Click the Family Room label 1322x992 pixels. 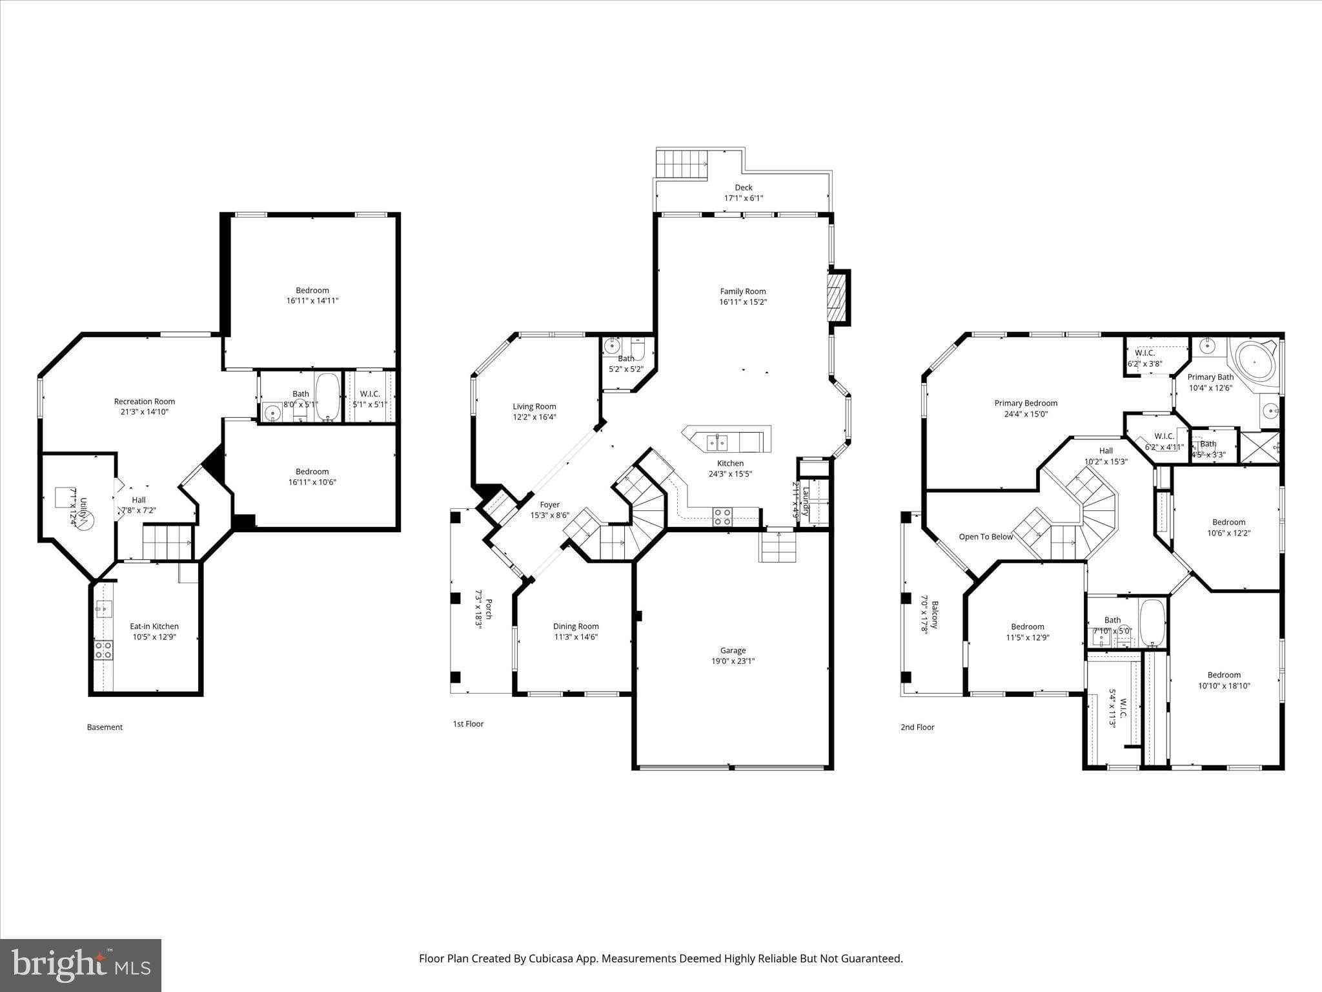[x=742, y=291]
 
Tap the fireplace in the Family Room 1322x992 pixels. [x=837, y=297]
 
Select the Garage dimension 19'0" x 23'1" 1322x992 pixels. [x=733, y=661]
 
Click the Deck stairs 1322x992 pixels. [x=682, y=163]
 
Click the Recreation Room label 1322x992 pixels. [x=145, y=401]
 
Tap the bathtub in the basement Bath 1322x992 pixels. [x=327, y=397]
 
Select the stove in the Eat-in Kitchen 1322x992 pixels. [x=103, y=650]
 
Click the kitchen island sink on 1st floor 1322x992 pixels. [x=717, y=442]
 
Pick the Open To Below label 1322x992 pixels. [x=986, y=537]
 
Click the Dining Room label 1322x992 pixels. [x=576, y=626]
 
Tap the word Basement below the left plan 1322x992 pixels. [x=105, y=727]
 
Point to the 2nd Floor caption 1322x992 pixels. [x=917, y=727]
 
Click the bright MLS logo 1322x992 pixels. [x=81, y=965]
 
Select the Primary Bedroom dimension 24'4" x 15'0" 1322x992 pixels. [x=1026, y=414]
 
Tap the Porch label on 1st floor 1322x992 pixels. [x=489, y=609]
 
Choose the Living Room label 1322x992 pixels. [x=534, y=406]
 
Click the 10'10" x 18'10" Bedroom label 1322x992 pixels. [x=1224, y=675]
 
